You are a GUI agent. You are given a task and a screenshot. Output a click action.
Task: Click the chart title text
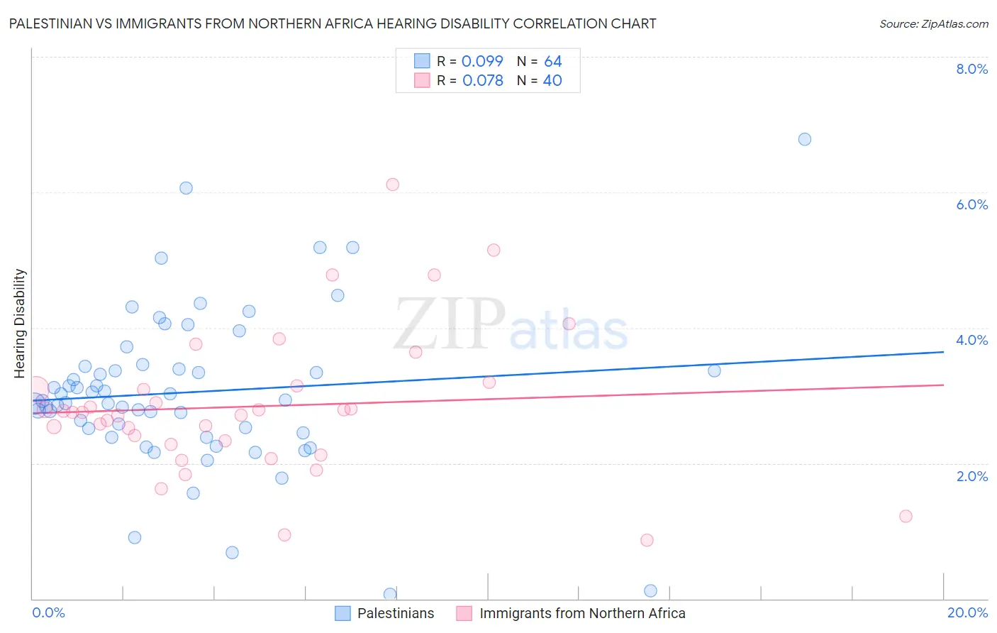click(x=333, y=23)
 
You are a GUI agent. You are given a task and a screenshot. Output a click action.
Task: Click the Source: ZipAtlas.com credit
click(x=933, y=23)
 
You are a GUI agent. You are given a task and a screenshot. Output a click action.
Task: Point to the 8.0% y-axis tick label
click(x=971, y=69)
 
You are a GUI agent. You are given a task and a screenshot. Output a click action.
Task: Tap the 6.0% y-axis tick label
click(x=971, y=204)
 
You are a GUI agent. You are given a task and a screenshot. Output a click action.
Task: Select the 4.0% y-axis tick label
click(x=971, y=340)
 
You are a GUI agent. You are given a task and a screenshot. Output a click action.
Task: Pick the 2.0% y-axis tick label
click(x=971, y=475)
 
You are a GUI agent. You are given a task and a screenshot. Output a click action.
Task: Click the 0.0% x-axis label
click(x=48, y=612)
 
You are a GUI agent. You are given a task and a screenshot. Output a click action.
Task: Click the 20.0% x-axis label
click(x=967, y=612)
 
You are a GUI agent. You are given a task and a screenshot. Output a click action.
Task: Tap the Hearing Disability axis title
click(x=20, y=323)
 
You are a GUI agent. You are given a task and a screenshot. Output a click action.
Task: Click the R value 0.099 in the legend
click(x=482, y=61)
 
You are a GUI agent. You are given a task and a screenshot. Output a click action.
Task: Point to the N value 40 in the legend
click(x=552, y=80)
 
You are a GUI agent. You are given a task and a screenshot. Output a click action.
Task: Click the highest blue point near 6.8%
click(x=804, y=139)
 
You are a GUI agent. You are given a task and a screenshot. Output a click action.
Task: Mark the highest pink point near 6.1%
click(x=392, y=185)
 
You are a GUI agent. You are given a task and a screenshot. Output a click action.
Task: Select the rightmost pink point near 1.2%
click(x=906, y=516)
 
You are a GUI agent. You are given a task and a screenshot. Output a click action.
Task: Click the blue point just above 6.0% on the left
click(x=186, y=188)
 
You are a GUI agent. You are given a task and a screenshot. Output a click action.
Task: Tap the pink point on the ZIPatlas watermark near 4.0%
click(x=569, y=324)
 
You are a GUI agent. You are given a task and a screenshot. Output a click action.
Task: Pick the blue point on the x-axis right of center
click(x=650, y=590)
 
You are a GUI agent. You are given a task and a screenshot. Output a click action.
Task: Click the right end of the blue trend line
click(x=943, y=352)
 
